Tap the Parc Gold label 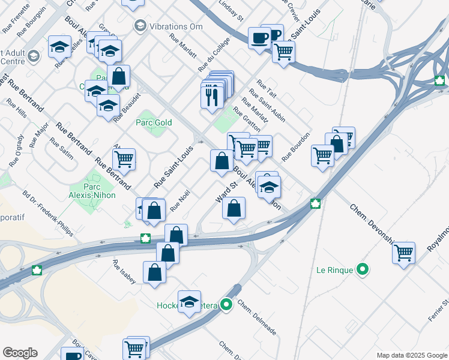tap(154, 122)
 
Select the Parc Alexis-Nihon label tap(100, 190)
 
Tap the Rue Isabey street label tap(124, 272)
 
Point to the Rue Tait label tap(266, 88)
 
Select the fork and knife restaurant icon tap(211, 96)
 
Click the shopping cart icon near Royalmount tap(404, 252)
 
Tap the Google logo tap(20, 353)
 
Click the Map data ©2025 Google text tap(411, 355)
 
